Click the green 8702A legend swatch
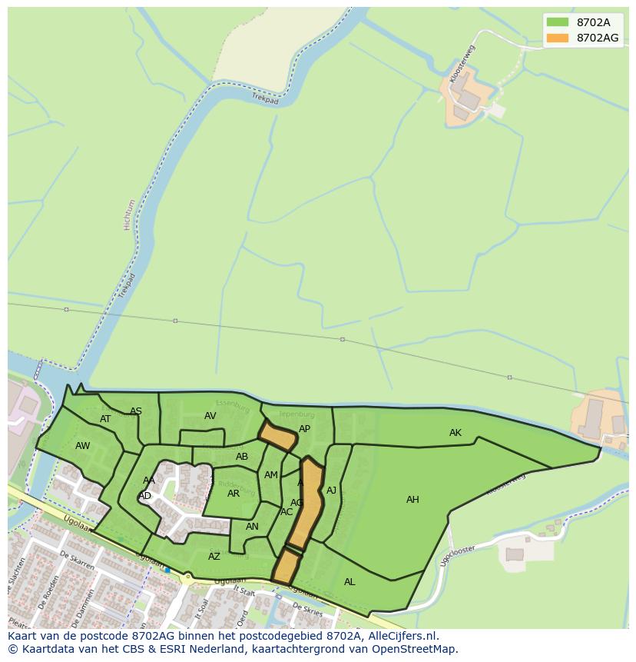click(558, 22)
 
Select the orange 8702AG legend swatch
click(558, 38)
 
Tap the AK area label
click(455, 433)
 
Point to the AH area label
click(412, 500)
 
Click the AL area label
click(349, 582)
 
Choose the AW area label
click(83, 446)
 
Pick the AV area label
click(210, 416)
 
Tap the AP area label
click(304, 429)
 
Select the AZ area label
click(214, 557)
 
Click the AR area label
click(234, 494)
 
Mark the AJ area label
click(332, 491)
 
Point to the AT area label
click(106, 419)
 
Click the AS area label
click(136, 411)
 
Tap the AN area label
click(252, 527)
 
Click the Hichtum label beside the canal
click(129, 215)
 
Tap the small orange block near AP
click(277, 436)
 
